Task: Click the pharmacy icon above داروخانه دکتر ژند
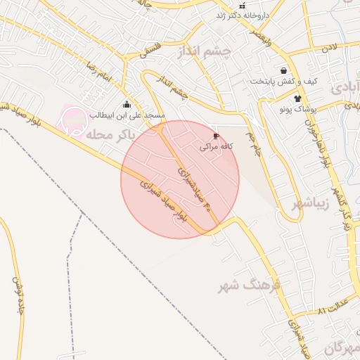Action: pyautogui.click(x=243, y=6)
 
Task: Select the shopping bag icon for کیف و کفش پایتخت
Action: pyautogui.click(x=283, y=71)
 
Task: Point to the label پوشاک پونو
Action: pyautogui.click(x=299, y=110)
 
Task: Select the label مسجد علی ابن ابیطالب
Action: pyautogui.click(x=127, y=115)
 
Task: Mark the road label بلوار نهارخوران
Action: pyautogui.click(x=326, y=141)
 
